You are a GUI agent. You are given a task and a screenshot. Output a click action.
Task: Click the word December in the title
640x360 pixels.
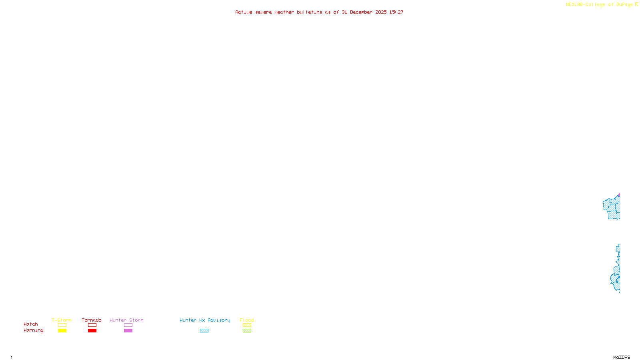pos(361,12)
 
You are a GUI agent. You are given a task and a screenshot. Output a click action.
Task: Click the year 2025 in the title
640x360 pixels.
pos(381,12)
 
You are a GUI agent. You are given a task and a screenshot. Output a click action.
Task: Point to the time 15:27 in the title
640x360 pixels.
pos(396,12)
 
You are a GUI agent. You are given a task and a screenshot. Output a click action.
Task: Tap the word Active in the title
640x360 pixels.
pos(244,12)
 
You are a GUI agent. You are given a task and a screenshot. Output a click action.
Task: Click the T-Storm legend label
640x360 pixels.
pos(62,320)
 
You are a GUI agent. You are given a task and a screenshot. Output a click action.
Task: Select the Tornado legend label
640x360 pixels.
pos(92,320)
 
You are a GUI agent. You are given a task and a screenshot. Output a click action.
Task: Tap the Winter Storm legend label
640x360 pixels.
pos(126,320)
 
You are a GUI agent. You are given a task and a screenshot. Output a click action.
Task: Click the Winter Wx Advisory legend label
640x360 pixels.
pos(205,320)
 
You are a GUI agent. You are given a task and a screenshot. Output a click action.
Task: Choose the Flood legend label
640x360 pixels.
pos(247,320)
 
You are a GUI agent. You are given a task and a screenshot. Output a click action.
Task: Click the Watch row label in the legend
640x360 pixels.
pos(31,324)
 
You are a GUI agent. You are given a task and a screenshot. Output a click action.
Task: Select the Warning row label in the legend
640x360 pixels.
pos(34,330)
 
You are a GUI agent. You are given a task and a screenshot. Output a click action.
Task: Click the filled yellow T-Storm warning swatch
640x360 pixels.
pos(62,331)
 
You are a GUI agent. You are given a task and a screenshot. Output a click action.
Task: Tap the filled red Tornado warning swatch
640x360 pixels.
pos(92,331)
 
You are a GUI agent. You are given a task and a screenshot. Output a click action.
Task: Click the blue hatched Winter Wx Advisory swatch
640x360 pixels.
pos(204,331)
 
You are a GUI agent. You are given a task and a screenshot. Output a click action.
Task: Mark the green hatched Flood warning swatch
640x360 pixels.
pos(247,331)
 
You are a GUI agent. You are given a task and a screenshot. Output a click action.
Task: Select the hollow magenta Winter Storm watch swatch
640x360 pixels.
pos(128,325)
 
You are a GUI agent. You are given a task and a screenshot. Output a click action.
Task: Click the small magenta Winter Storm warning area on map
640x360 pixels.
pos(619,195)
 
